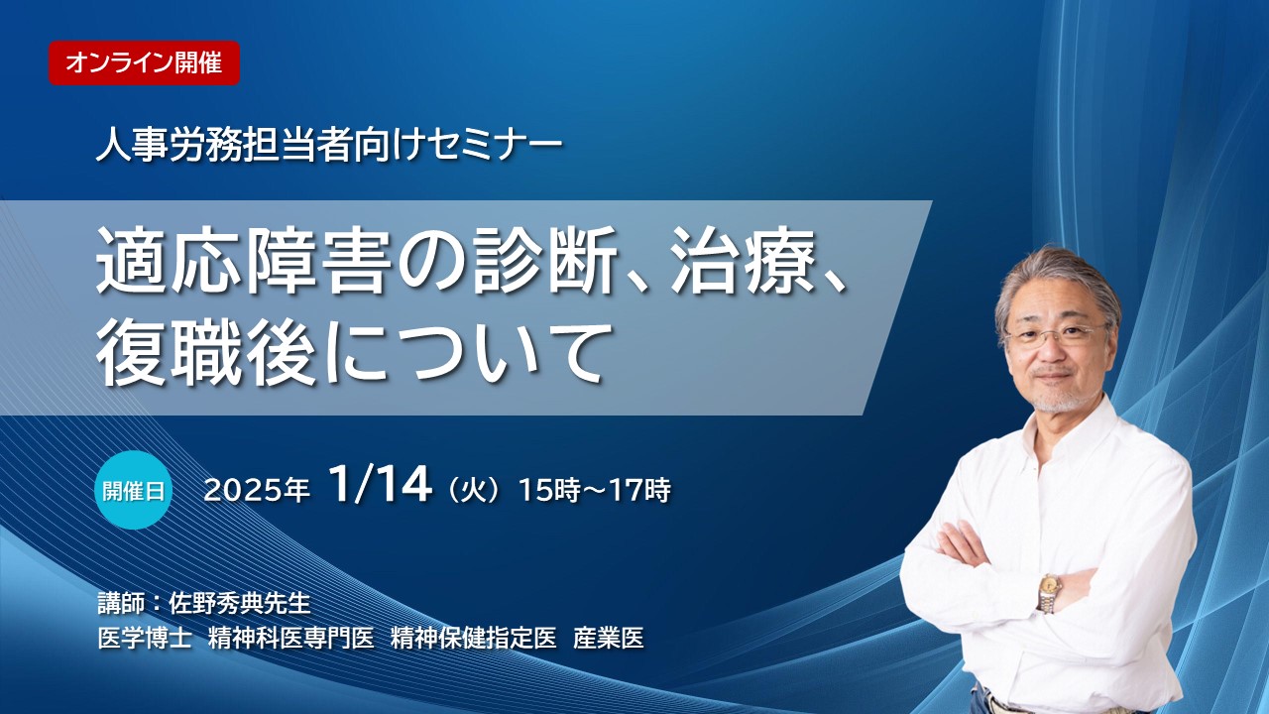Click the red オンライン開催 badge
coord(144,62)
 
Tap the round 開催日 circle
coord(133,490)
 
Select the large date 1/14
coord(381,486)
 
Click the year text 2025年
coord(257,490)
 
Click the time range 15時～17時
coord(595,490)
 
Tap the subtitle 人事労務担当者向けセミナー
coord(329,145)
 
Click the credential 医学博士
coord(144,638)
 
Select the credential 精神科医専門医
coord(291,638)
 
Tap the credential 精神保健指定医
coord(474,638)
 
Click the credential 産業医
coord(609,638)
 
